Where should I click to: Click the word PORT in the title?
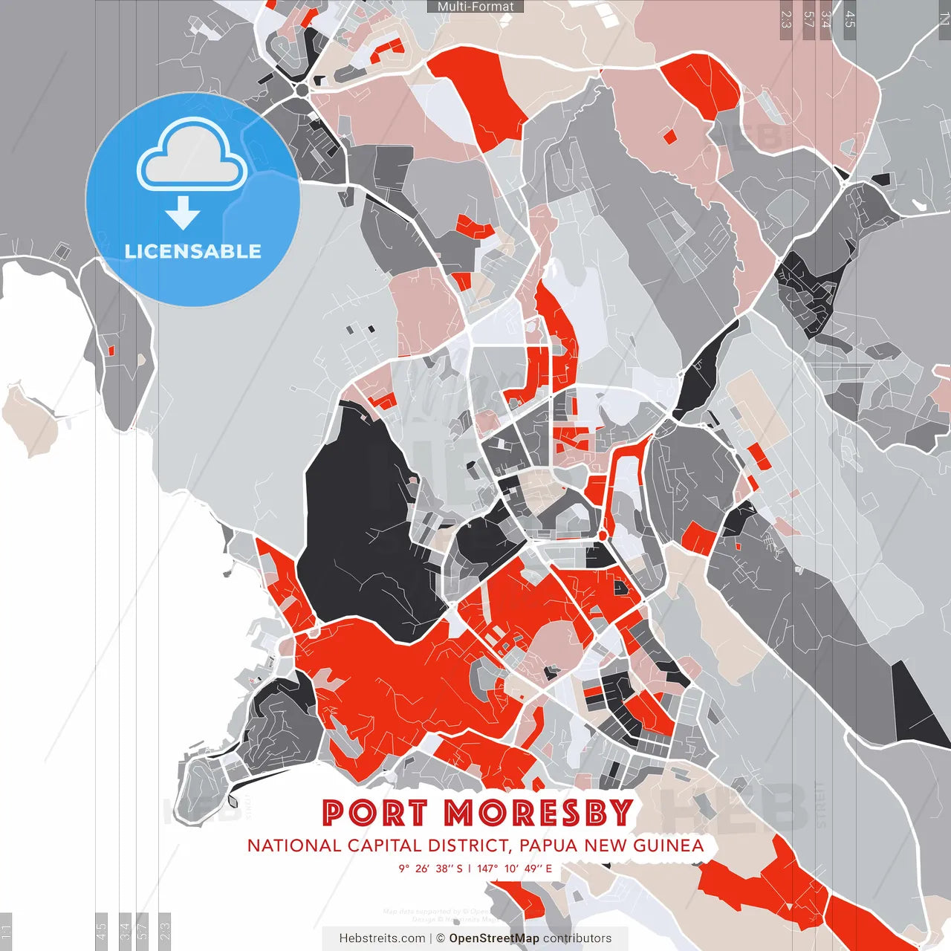(375, 813)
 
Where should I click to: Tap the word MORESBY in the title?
(539, 813)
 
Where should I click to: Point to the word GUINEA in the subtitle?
(668, 845)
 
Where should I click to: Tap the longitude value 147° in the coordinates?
(487, 869)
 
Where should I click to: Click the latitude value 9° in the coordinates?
(403, 869)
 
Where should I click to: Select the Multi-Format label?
(475, 7)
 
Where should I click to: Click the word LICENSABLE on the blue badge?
(193, 251)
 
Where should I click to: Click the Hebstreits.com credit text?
(382, 938)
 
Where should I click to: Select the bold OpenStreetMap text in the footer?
(494, 938)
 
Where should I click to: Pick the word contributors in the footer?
(577, 938)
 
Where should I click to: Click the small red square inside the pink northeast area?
(669, 136)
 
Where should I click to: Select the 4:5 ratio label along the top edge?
(849, 19)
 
